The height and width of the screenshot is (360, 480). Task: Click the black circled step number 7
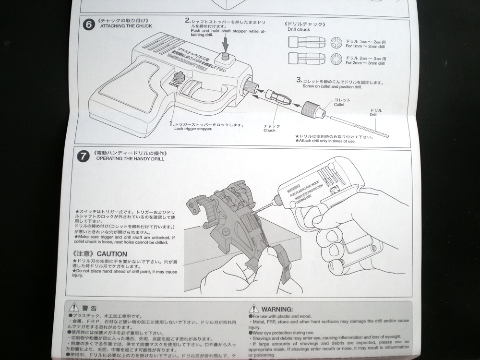84,156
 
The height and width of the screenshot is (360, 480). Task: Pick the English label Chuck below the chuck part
269,130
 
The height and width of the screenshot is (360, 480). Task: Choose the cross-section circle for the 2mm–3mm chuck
336,60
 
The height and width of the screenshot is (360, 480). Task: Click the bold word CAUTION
112,253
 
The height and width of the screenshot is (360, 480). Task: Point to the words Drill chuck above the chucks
299,29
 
